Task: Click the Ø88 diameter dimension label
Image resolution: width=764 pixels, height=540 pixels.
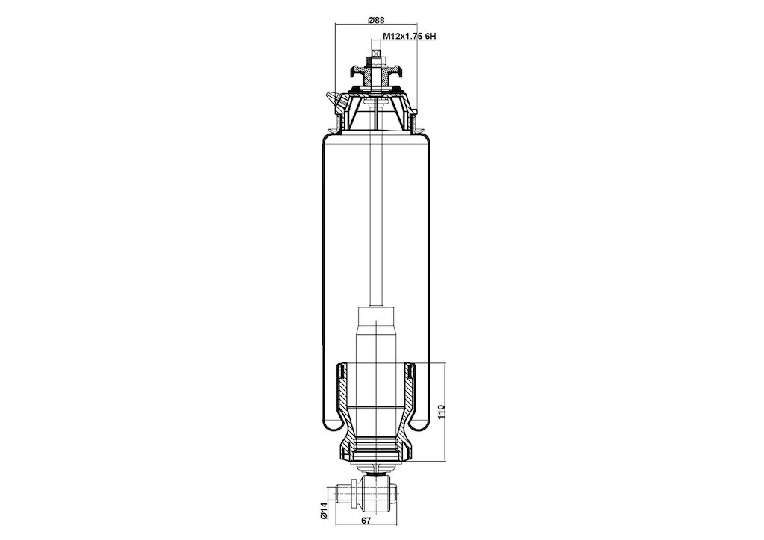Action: pyautogui.click(x=376, y=20)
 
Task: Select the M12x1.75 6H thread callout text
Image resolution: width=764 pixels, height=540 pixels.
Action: pyautogui.click(x=410, y=36)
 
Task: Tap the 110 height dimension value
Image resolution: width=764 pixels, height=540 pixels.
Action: pyautogui.click(x=441, y=412)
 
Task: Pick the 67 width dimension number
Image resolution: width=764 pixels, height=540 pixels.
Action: pyautogui.click(x=366, y=521)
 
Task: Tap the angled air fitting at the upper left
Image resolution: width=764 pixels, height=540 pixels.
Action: pyautogui.click(x=334, y=101)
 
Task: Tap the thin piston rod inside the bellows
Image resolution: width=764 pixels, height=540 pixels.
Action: pyautogui.click(x=376, y=219)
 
